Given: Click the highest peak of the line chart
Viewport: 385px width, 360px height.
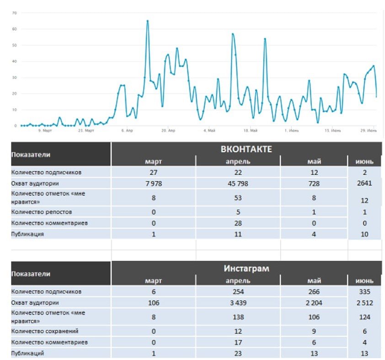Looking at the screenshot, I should point(147,21).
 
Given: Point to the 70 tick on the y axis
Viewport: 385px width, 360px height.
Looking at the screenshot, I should point(14,13).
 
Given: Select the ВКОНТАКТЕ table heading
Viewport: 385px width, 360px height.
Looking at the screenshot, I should point(246,149).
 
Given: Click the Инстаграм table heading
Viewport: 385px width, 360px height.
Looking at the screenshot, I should point(246,269).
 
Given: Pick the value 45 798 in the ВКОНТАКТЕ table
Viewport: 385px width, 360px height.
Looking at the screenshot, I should point(237,184).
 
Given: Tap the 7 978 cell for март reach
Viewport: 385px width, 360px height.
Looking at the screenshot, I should point(153,184).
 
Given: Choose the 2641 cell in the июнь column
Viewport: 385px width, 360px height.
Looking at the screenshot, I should point(364,184).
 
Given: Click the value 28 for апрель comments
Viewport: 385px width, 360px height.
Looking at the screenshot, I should point(237,223).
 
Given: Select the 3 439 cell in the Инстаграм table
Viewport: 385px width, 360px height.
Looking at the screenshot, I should point(237,302).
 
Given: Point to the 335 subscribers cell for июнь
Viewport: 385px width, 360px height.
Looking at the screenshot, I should point(364,291).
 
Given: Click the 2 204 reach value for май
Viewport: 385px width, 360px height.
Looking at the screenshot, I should point(314,302).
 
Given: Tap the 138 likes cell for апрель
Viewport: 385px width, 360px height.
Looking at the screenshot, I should point(237,317).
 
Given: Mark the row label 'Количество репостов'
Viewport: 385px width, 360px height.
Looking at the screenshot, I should point(42,212).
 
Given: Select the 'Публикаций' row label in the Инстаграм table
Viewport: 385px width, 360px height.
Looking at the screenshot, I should point(28,353).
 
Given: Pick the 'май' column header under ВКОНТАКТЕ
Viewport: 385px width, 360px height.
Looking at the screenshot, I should point(314,161).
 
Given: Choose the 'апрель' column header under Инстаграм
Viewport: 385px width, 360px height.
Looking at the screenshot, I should point(237,281).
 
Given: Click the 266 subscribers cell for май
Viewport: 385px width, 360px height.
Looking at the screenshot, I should point(314,291).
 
